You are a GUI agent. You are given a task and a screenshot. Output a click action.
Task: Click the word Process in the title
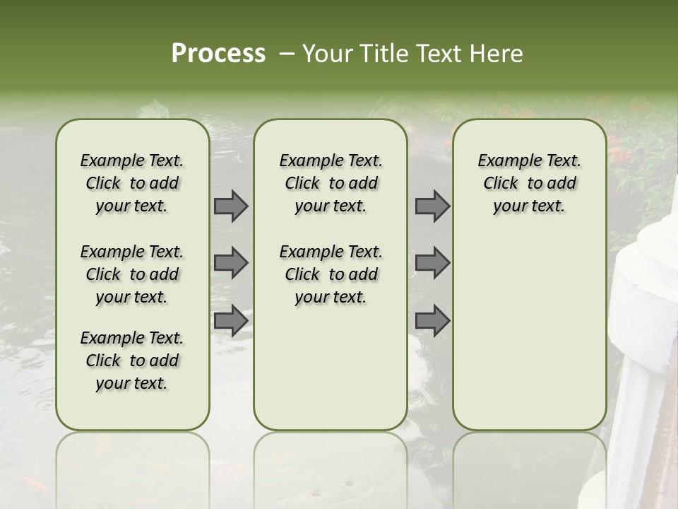click(218, 54)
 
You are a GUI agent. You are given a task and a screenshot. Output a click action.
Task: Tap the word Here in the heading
click(497, 54)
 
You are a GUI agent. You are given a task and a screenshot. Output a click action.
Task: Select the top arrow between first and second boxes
click(231, 206)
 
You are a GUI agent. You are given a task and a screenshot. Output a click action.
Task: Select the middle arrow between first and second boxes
click(231, 263)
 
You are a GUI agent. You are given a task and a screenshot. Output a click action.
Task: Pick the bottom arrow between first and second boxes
click(231, 320)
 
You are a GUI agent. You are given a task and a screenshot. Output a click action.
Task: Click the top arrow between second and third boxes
click(432, 206)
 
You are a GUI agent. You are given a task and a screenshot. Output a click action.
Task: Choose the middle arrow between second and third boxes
click(432, 263)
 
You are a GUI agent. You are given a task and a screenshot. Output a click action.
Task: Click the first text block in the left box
click(132, 183)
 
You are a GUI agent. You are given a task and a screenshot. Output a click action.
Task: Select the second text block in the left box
click(132, 274)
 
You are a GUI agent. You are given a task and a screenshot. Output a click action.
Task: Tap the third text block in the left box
click(132, 361)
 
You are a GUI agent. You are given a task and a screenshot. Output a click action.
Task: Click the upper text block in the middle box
click(331, 183)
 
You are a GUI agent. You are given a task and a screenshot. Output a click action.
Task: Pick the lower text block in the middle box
click(331, 274)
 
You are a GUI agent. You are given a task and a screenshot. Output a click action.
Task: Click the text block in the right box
click(529, 183)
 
